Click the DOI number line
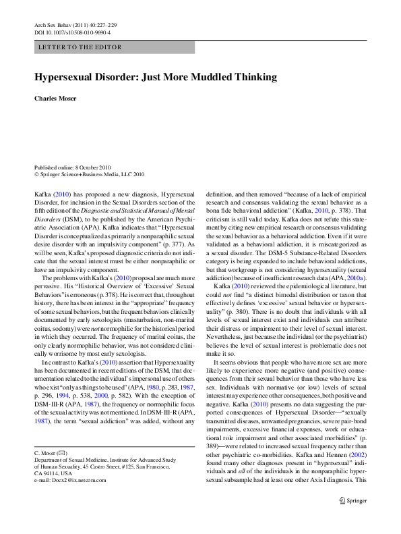coord(72,32)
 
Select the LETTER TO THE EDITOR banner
coord(114,47)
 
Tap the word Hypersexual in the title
coord(67,77)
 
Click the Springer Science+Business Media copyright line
coord(89,174)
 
